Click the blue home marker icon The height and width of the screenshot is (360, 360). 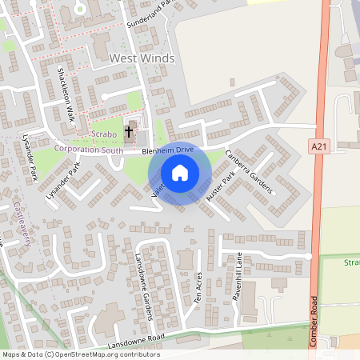[180, 173]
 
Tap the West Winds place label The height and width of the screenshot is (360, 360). [142, 58]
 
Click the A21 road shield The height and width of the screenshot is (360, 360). [318, 145]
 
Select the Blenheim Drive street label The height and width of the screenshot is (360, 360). [168, 150]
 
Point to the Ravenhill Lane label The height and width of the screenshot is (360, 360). [237, 273]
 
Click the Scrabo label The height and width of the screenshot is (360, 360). [104, 134]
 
